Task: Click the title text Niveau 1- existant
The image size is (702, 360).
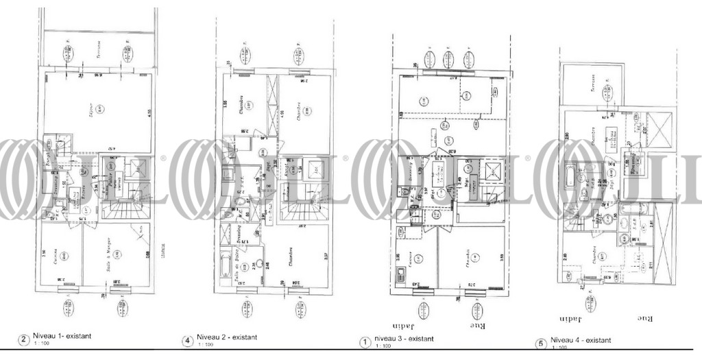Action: (x=61, y=337)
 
